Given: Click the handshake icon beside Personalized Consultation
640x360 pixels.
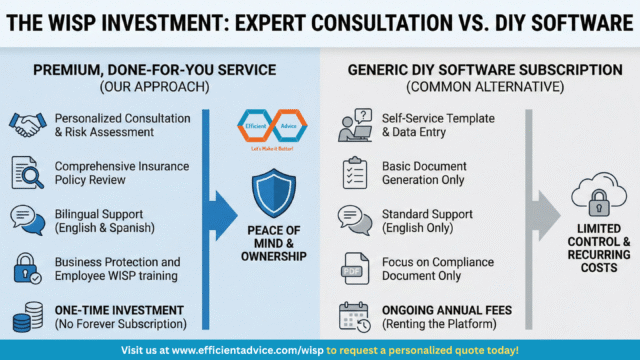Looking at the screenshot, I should coord(26,124).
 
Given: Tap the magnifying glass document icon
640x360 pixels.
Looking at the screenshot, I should coord(26,172).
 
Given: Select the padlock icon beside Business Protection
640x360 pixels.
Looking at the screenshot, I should coord(26,267).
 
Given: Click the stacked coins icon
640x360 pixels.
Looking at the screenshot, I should coord(26,316).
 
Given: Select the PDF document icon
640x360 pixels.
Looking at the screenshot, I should coord(355,268).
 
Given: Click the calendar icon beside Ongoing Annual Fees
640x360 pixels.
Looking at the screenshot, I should coord(355,316).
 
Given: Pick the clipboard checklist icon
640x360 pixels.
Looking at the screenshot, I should coord(355,172).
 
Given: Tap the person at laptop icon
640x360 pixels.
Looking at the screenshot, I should coord(355,124).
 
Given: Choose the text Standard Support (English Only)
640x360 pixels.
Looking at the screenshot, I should coord(426,220).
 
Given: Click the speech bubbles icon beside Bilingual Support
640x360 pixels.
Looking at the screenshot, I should coord(26,219).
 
